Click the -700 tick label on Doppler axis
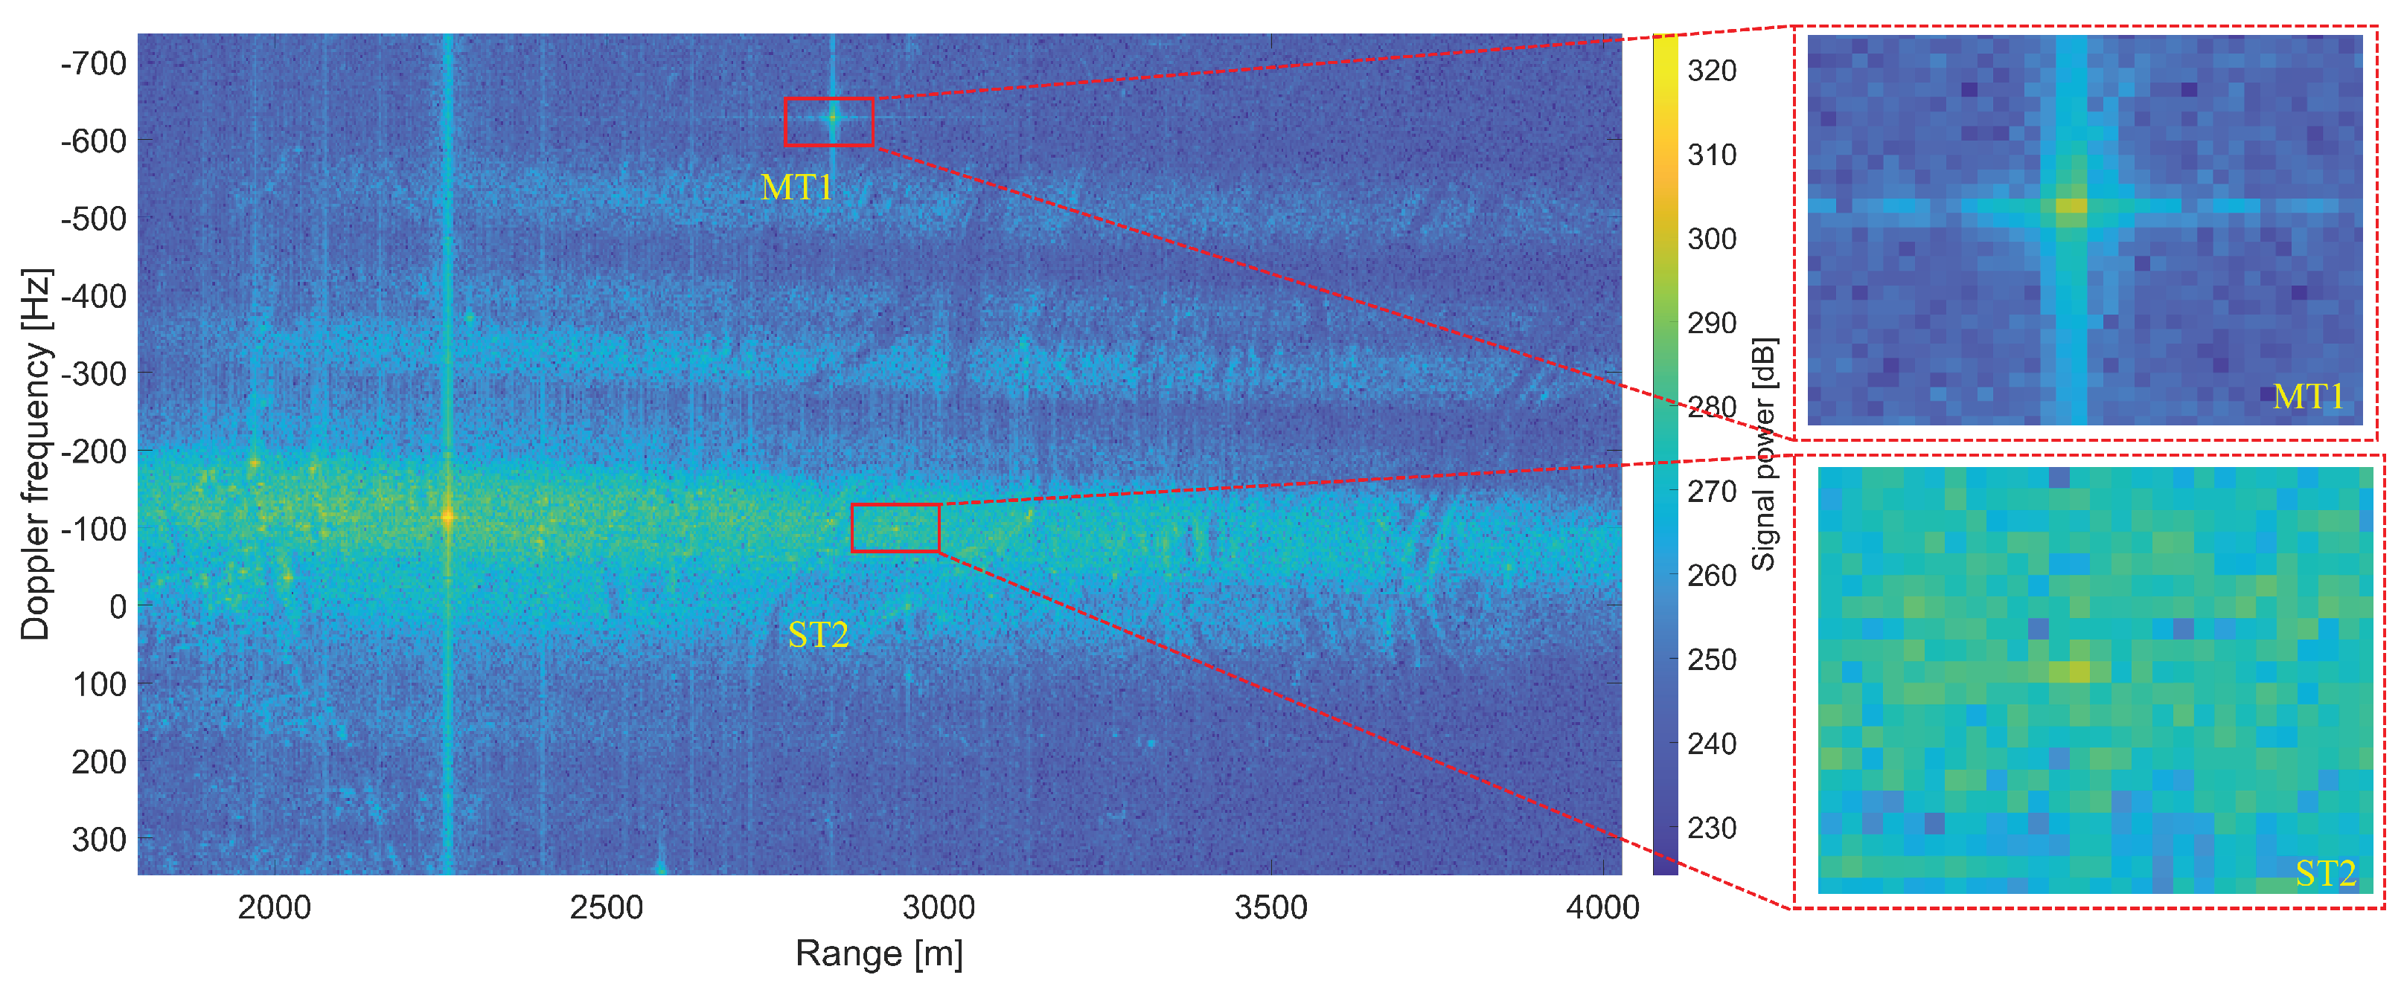tap(93, 65)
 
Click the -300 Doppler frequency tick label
tap(93, 374)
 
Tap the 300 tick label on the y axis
tap(99, 840)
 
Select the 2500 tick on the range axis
tap(607, 908)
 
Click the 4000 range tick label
tap(1602, 908)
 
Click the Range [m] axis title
tap(878, 953)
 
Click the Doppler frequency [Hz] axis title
tap(36, 454)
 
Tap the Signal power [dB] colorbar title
tap(1763, 454)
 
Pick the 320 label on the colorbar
tap(1712, 71)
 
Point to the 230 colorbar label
tap(1712, 828)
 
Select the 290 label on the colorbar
tap(1712, 324)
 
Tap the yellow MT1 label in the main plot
tap(796, 187)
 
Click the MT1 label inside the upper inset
tap(2308, 396)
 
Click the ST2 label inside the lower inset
tap(2326, 873)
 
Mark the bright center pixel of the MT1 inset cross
tap(2071, 205)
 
